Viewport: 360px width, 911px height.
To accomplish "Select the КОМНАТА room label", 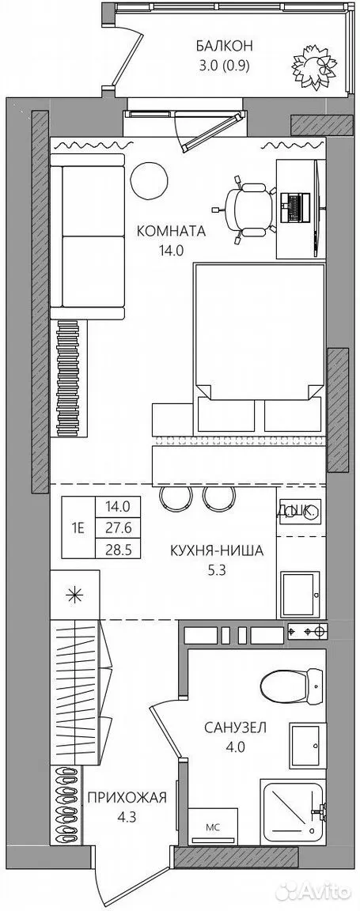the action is [x=171, y=231].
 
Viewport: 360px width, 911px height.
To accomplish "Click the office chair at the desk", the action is [x=250, y=209].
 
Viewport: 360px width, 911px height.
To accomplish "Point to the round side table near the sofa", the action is [x=150, y=181].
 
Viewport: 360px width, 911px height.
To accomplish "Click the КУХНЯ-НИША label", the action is [x=216, y=550].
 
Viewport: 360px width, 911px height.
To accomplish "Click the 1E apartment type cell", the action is [x=78, y=527].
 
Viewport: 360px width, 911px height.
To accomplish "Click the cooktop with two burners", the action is [x=308, y=629].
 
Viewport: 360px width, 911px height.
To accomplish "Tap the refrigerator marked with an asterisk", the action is [x=74, y=595].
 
